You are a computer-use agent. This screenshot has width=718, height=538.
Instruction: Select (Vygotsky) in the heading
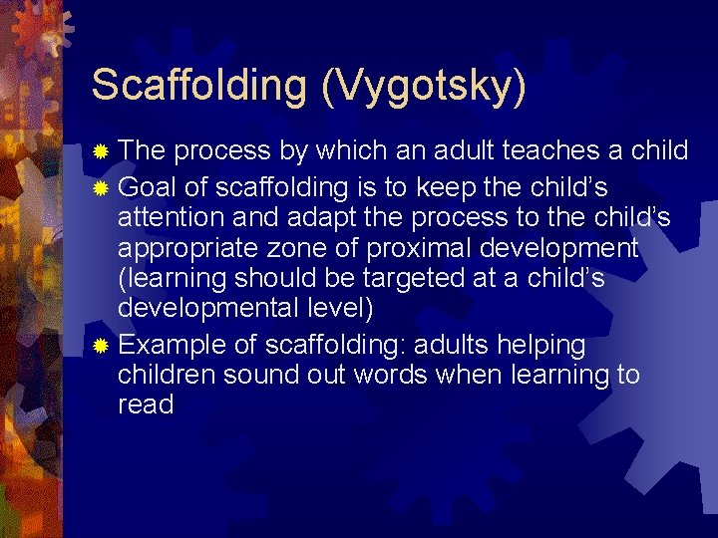pos(423,86)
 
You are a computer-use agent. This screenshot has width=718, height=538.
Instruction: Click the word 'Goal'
pos(149,188)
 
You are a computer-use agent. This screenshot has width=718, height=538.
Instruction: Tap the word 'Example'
pos(174,346)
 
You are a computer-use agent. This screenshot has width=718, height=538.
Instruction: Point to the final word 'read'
pos(146,404)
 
